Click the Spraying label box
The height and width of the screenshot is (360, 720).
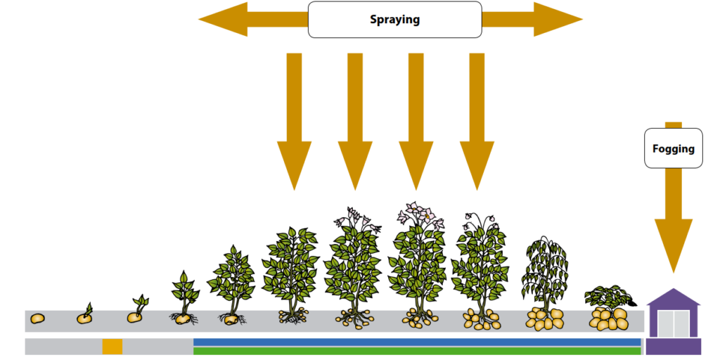coord(395,19)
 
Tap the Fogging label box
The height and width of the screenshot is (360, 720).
coord(673,148)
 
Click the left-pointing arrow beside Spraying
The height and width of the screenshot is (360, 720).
coord(253,19)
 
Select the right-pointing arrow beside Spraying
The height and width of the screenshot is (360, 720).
coord(532,19)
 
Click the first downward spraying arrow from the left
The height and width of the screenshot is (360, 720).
coord(295,121)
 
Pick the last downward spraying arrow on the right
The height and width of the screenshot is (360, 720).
coord(477,121)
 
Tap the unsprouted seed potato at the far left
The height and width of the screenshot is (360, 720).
coord(37,318)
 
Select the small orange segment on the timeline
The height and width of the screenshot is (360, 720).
coord(112,346)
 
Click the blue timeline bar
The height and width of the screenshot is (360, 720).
coord(417,342)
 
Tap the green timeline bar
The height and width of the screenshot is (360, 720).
coord(417,351)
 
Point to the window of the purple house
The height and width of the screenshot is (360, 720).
coord(673,323)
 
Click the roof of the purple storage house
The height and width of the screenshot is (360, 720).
coord(673,297)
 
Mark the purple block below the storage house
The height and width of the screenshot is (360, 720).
coord(673,347)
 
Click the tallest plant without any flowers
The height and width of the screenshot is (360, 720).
coord(290,274)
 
